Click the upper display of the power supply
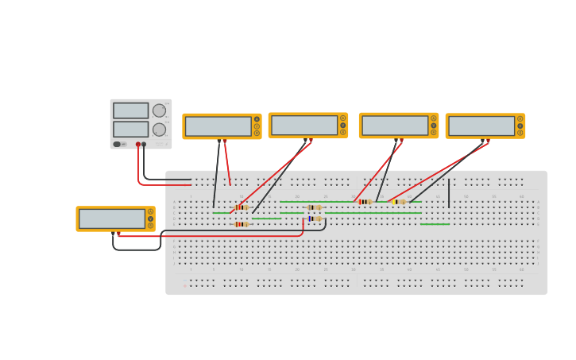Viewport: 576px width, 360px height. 130,110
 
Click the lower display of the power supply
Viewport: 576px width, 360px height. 130,129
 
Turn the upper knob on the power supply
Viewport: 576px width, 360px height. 159,110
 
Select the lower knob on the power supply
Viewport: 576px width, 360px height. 159,130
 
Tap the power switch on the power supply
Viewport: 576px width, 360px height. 117,144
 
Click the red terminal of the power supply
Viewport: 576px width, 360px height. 137,145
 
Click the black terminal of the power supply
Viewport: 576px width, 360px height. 144,145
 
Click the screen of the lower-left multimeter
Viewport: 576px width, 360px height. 111,219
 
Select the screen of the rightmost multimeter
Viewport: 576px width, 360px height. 481,126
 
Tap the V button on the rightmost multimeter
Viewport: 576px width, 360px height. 520,126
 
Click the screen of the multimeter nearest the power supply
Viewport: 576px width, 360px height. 218,126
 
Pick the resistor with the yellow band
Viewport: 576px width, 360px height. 398,202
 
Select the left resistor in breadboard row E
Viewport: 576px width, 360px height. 241,224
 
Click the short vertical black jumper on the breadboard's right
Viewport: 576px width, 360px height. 449,193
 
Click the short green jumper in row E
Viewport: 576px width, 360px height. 435,224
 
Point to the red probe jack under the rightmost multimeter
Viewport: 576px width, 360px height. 487,141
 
